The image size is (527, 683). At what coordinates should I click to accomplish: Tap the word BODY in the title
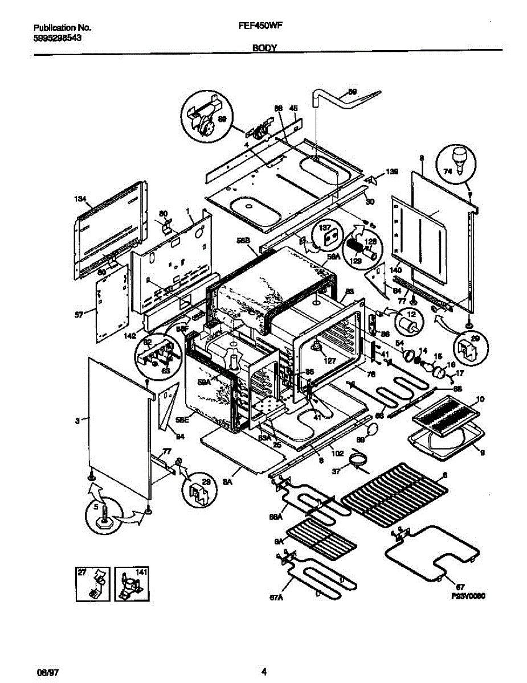[x=264, y=49]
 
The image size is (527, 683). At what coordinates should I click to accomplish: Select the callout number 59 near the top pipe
[x=352, y=92]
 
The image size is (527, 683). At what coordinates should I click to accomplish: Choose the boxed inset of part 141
[x=132, y=584]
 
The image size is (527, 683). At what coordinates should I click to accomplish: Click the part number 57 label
[x=79, y=314]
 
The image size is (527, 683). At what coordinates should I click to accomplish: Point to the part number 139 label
[x=393, y=171]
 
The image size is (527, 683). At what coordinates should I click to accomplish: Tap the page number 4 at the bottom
[x=264, y=671]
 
